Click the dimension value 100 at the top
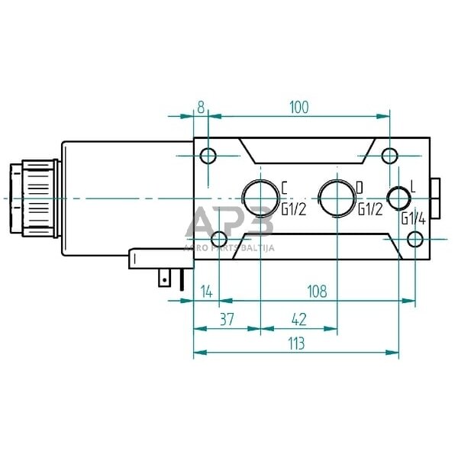click(x=298, y=107)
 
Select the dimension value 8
click(x=201, y=107)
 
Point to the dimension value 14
click(x=205, y=291)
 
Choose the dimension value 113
click(x=295, y=343)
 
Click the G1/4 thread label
click(x=413, y=218)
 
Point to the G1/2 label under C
click(x=293, y=208)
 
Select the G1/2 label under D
click(x=369, y=208)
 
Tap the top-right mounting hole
click(x=389, y=157)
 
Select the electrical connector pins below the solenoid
click(x=171, y=281)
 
